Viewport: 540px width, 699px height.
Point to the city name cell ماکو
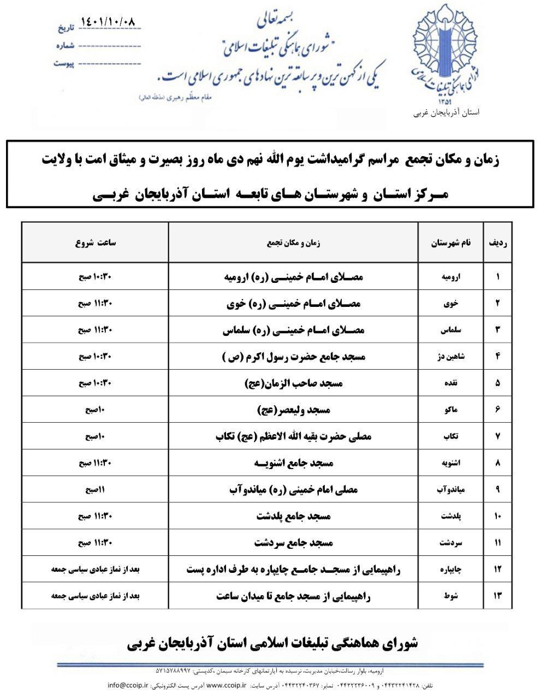coord(452,410)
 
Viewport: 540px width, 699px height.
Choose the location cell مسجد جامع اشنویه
coord(294,463)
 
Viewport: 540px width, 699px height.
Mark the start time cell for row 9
coord(95,490)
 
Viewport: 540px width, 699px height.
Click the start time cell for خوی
coord(95,303)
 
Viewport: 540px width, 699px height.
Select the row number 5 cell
coord(498,383)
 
